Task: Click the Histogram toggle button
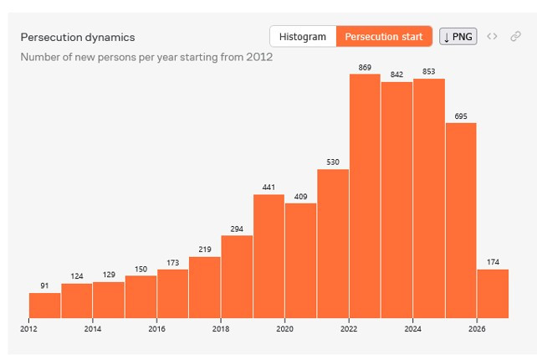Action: tap(303, 36)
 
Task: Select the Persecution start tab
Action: tap(384, 36)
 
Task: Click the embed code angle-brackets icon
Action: tap(492, 36)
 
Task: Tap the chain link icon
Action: tap(515, 36)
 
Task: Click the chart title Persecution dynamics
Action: tap(78, 37)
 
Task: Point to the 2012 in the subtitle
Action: tap(259, 57)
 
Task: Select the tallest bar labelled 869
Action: tap(365, 196)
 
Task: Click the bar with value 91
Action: tap(44, 305)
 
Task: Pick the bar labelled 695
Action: tap(461, 220)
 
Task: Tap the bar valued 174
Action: tap(493, 294)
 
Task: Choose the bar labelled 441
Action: tap(268, 256)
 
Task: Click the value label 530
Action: tap(333, 162)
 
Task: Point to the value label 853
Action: tap(429, 71)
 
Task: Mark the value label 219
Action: tap(205, 249)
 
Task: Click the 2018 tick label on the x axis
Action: tap(221, 329)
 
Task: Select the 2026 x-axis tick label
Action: tap(477, 329)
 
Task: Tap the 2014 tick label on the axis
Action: tap(93, 329)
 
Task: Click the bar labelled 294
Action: tap(237, 276)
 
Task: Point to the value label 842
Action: tap(396, 75)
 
